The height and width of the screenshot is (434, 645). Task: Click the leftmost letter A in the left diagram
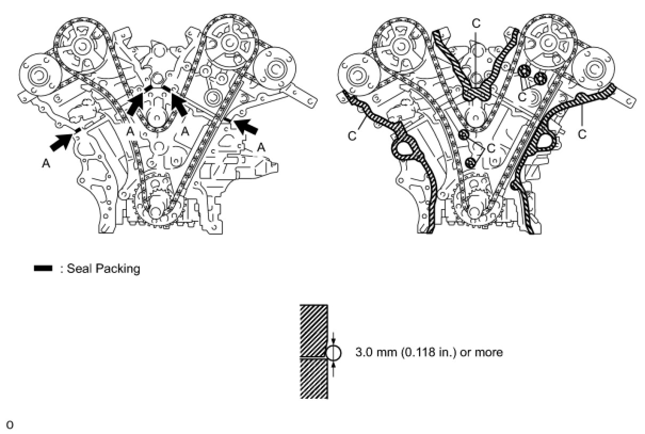pos(46,164)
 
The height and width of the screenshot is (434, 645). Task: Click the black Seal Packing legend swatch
pos(43,268)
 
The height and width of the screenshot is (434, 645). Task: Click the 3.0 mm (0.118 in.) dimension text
pos(429,352)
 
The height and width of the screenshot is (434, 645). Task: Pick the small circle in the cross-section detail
pos(333,352)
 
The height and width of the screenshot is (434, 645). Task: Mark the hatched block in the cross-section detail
pos(313,351)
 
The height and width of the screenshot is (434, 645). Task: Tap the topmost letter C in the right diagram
pos(476,23)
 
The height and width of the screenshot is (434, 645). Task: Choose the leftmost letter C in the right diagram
pos(352,135)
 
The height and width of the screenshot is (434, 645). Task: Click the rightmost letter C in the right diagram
pos(582,134)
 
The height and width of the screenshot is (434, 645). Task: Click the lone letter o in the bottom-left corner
pos(10,425)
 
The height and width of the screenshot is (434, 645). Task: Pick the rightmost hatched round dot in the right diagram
pos(541,78)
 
